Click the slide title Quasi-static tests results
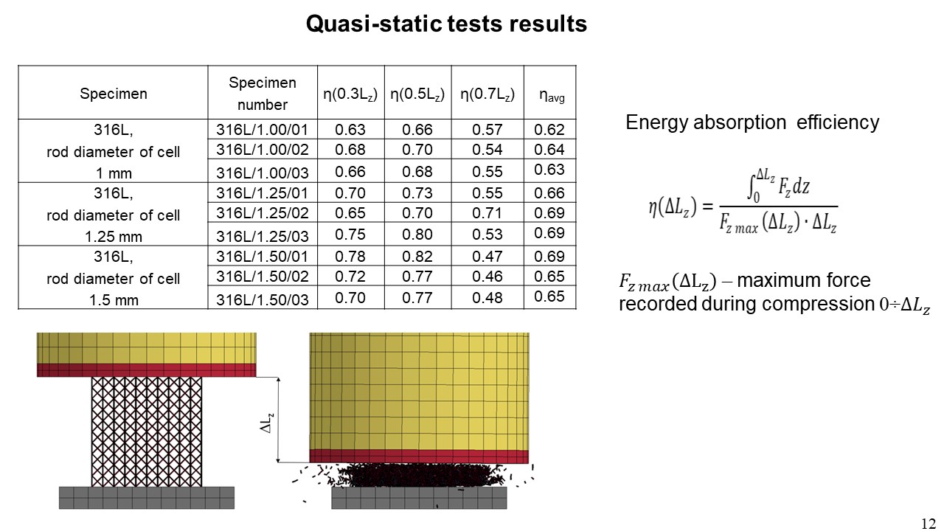pyautogui.click(x=446, y=24)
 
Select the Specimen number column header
pyautogui.click(x=262, y=94)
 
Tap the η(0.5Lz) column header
pyautogui.click(x=417, y=94)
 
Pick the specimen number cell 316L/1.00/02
pyautogui.click(x=262, y=150)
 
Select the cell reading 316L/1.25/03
pyautogui.click(x=262, y=235)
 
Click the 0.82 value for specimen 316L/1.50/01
pyautogui.click(x=417, y=257)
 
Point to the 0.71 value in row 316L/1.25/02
pyautogui.click(x=487, y=214)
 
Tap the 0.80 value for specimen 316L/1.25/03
pyautogui.click(x=417, y=235)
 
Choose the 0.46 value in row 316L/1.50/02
pyautogui.click(x=487, y=277)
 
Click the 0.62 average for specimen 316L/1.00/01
pyautogui.click(x=550, y=131)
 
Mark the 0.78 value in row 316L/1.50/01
pyautogui.click(x=350, y=257)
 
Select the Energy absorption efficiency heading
pyautogui.click(x=752, y=122)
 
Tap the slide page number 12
pyautogui.click(x=929, y=523)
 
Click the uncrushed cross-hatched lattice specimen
pyautogui.click(x=146, y=431)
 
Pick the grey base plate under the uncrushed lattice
pyautogui.click(x=147, y=497)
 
